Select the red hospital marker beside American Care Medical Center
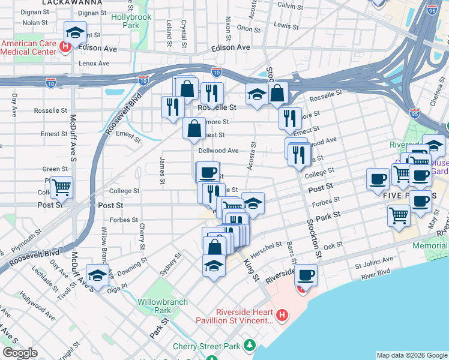[x=65, y=46]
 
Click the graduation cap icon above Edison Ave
[x=76, y=32]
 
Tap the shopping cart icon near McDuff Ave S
[x=61, y=187]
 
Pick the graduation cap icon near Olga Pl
[x=97, y=275]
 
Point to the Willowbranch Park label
[x=154, y=306]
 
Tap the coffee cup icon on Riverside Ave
[x=306, y=275]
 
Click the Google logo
[x=20, y=353]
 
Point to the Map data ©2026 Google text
[x=412, y=355]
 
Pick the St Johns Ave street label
[x=373, y=260]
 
